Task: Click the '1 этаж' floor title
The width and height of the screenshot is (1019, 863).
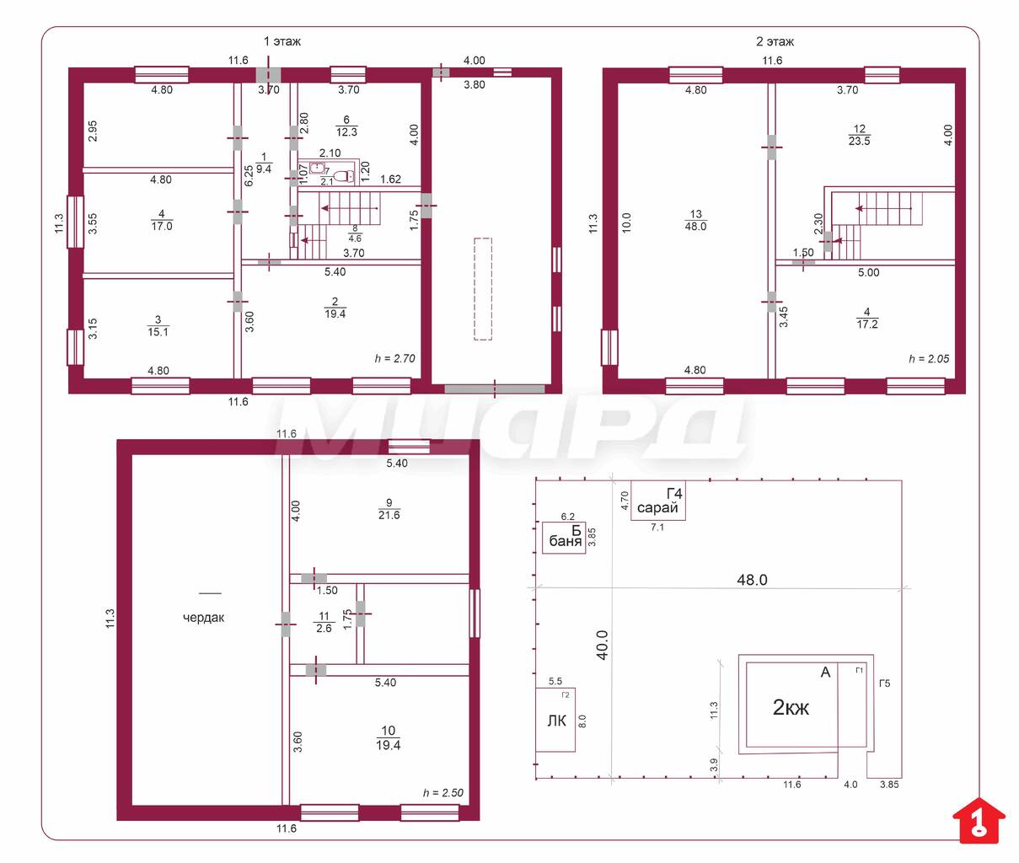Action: [x=282, y=41]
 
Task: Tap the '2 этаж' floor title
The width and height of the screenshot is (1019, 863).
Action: [x=775, y=42]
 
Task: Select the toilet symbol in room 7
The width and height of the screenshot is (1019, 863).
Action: [x=343, y=175]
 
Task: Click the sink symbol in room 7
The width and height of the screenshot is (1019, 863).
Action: [x=317, y=168]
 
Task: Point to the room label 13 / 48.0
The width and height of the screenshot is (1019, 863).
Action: [x=695, y=220]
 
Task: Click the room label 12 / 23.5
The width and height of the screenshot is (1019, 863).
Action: [x=859, y=135]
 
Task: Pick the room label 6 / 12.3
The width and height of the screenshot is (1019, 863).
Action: [x=346, y=126]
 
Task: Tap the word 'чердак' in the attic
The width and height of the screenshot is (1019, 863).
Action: [x=204, y=618]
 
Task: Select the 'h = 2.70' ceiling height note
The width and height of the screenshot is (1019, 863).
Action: [x=395, y=358]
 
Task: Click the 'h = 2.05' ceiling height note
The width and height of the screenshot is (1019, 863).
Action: [x=929, y=359]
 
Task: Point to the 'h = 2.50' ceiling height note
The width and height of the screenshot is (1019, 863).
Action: [x=443, y=792]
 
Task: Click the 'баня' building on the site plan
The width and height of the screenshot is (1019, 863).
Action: [x=564, y=537]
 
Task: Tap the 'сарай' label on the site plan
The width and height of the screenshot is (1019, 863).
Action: [x=657, y=507]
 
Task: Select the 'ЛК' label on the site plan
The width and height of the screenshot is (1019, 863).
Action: [x=556, y=721]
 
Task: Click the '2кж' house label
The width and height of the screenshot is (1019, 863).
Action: [x=791, y=707]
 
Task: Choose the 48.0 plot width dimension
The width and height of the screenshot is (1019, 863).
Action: [x=752, y=580]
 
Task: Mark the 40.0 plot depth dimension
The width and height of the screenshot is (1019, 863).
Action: [x=602, y=646]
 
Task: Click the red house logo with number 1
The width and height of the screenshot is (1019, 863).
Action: [x=979, y=820]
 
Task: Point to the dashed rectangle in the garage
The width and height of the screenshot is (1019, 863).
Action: [x=483, y=289]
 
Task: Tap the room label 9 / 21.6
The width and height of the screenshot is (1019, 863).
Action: [x=389, y=509]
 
